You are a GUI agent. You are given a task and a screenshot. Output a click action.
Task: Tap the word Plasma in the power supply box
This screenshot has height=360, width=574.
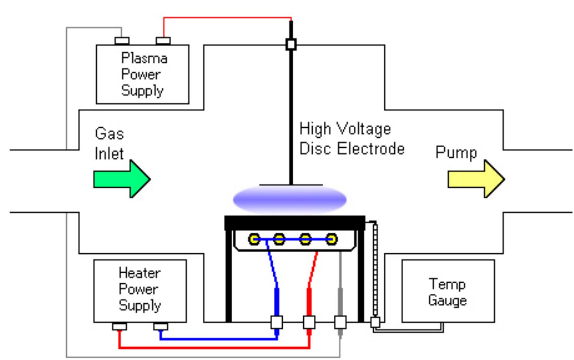coord(144,58)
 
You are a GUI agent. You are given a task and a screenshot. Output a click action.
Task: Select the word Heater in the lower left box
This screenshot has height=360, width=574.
coord(139,273)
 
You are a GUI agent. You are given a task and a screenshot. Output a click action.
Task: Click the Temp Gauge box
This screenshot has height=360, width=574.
coord(447,291)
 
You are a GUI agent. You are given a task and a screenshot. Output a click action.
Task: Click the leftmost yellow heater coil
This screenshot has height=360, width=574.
coord(254,239)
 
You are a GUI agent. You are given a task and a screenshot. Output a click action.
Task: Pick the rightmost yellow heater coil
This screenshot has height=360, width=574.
coord(331,239)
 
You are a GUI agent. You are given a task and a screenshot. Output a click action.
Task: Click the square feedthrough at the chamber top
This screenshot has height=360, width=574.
coord(291,44)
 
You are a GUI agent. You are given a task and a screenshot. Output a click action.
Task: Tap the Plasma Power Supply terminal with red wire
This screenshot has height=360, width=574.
coord(163,41)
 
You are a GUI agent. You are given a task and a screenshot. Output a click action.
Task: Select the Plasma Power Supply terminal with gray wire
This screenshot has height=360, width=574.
coord(122,41)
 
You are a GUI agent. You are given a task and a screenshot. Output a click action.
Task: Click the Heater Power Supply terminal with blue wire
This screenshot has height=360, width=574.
coord(160,326)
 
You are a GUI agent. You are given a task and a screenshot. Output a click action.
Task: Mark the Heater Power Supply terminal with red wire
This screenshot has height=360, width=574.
coord(119,326)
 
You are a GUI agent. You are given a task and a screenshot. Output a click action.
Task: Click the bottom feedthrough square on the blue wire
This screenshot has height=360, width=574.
coord(277,322)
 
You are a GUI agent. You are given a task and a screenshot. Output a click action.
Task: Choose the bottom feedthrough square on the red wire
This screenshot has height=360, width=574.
coord(309,322)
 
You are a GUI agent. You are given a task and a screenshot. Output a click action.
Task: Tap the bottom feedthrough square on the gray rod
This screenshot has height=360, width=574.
coord(340,322)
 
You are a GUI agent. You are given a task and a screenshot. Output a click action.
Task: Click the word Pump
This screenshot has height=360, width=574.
coord(456,152)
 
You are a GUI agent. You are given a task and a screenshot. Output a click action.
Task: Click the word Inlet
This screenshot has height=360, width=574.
coord(109,154)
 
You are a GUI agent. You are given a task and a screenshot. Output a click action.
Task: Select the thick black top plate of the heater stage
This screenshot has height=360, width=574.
coord(295,222)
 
